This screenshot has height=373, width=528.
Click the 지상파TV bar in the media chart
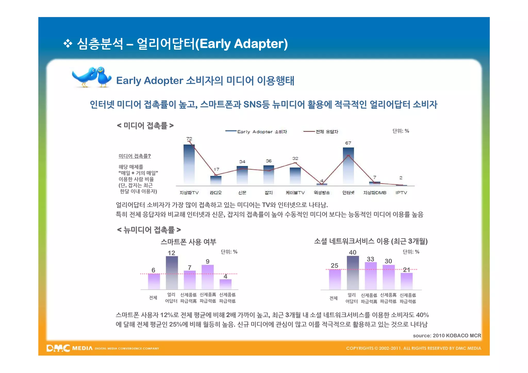point(189,165)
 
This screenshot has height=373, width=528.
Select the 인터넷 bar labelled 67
point(348,166)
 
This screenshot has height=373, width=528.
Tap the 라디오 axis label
point(216,193)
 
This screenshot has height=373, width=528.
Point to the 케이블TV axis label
point(295,193)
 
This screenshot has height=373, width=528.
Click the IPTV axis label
point(401,193)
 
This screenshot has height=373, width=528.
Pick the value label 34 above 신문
point(242,162)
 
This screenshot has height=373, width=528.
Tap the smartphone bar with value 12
point(172,273)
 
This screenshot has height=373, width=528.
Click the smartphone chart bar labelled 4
point(225,284)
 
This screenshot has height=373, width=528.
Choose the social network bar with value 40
point(353,273)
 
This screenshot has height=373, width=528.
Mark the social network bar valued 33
point(370,276)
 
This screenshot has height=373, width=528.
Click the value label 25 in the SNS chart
point(334,266)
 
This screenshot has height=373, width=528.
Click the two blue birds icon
point(92,77)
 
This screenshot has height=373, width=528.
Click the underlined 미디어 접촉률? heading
point(135,156)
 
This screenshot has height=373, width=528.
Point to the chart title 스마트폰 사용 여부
point(188,242)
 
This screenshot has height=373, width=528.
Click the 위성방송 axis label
point(321,193)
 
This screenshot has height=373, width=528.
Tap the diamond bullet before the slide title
point(68,44)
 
